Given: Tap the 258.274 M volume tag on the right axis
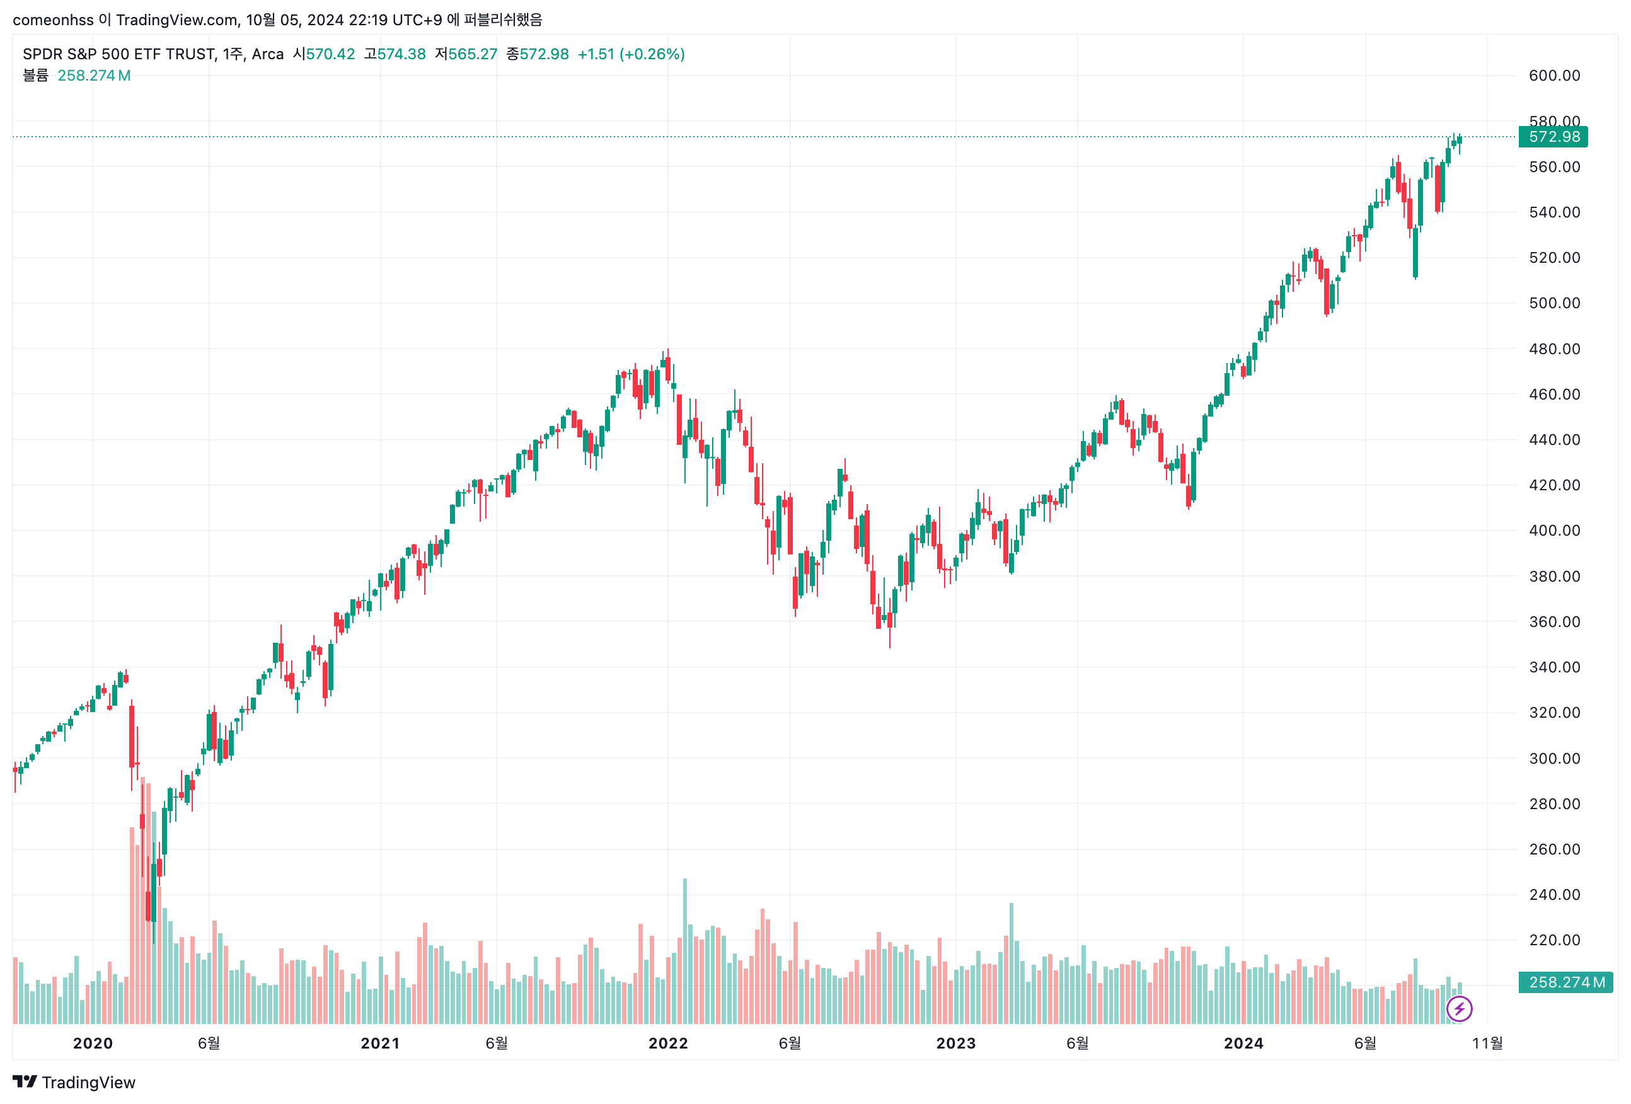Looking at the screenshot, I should pos(1565,982).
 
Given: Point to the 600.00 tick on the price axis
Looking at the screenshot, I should pos(1554,76).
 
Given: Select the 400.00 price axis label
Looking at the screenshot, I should pos(1554,531).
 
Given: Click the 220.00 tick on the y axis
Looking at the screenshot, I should pos(1554,940).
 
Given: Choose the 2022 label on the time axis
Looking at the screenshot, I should pos(667,1043).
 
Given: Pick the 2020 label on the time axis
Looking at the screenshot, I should pos(93,1043).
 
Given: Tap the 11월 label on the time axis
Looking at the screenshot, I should pos(1487,1043).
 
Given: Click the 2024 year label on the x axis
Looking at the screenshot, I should pos(1243,1043).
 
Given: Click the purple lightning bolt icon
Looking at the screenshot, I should pos(1459,1009).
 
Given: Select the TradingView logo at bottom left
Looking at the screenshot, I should pos(74,1082).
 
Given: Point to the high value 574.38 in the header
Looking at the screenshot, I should pos(401,54).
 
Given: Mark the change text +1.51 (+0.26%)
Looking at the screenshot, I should pos(630,54).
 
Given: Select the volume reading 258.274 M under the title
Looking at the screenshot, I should pos(93,75).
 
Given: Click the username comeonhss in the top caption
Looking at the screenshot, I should pos(53,20).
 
